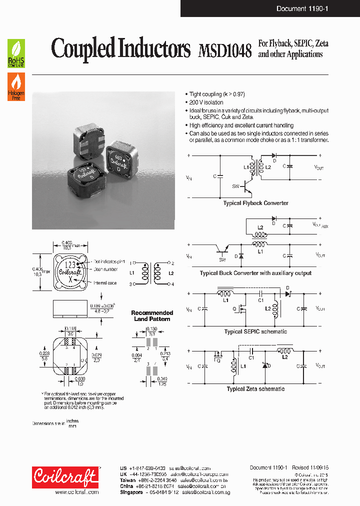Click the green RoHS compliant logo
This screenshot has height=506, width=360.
click(16, 53)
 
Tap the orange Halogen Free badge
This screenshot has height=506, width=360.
click(16, 86)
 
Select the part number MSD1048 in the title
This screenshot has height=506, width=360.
click(224, 50)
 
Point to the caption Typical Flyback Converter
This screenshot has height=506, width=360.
click(255, 203)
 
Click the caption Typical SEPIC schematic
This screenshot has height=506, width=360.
click(255, 331)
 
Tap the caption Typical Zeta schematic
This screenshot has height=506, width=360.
click(255, 389)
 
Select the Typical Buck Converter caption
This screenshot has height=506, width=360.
click(255, 273)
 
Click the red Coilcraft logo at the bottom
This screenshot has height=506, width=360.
click(65, 477)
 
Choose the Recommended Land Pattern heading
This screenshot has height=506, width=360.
click(152, 315)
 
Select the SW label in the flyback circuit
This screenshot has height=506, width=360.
click(235, 185)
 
